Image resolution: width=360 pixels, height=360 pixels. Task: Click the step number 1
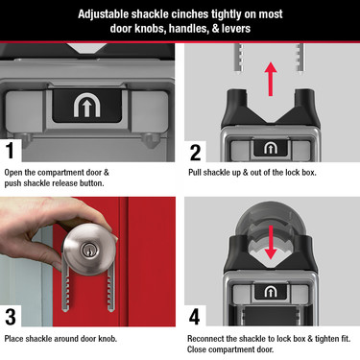tap(11, 151)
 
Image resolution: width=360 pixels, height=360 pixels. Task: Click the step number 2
tap(195, 151)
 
